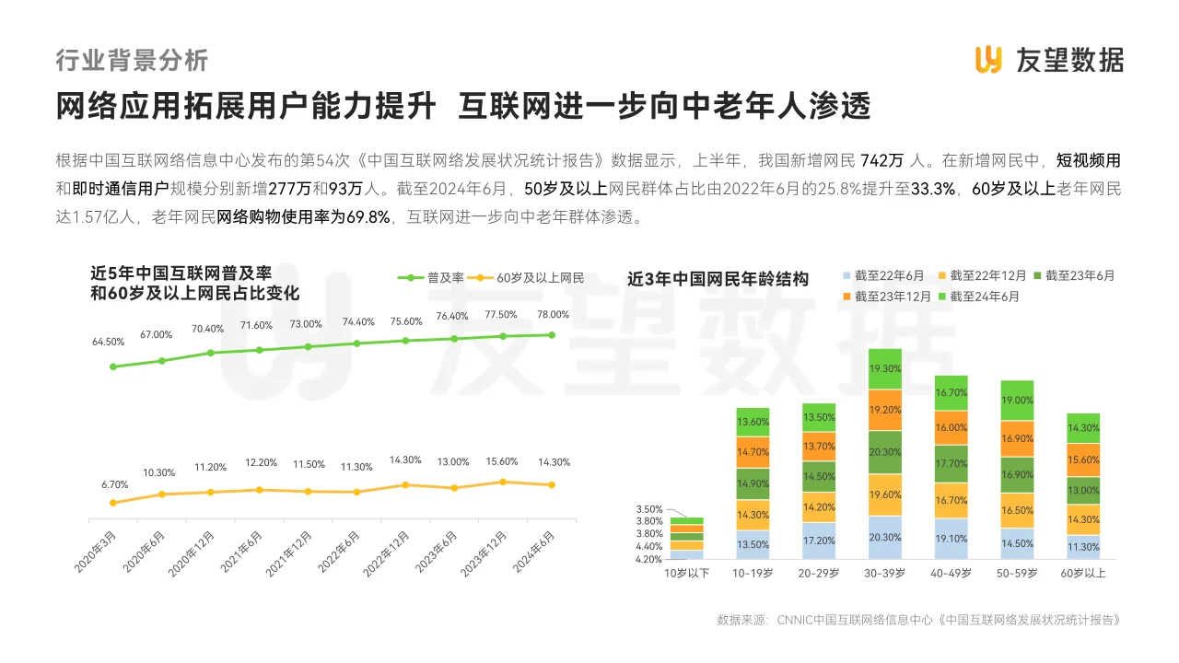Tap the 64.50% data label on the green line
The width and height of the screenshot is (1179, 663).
pyautogui.click(x=108, y=342)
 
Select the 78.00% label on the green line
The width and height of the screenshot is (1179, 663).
pyautogui.click(x=553, y=314)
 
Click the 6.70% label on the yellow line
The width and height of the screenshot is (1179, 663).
pyautogui.click(x=114, y=484)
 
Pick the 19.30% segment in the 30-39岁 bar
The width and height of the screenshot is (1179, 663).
pyautogui.click(x=885, y=368)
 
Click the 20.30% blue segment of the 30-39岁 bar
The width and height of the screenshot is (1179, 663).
pyautogui.click(x=885, y=538)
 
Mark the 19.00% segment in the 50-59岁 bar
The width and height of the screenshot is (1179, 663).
pyautogui.click(x=1017, y=401)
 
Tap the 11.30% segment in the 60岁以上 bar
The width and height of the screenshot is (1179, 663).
pyautogui.click(x=1083, y=547)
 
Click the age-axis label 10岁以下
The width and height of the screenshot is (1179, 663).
pyautogui.click(x=687, y=573)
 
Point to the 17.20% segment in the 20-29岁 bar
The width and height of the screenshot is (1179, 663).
pyautogui.click(x=819, y=541)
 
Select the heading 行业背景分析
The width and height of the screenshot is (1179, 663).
pyautogui.click(x=132, y=61)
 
